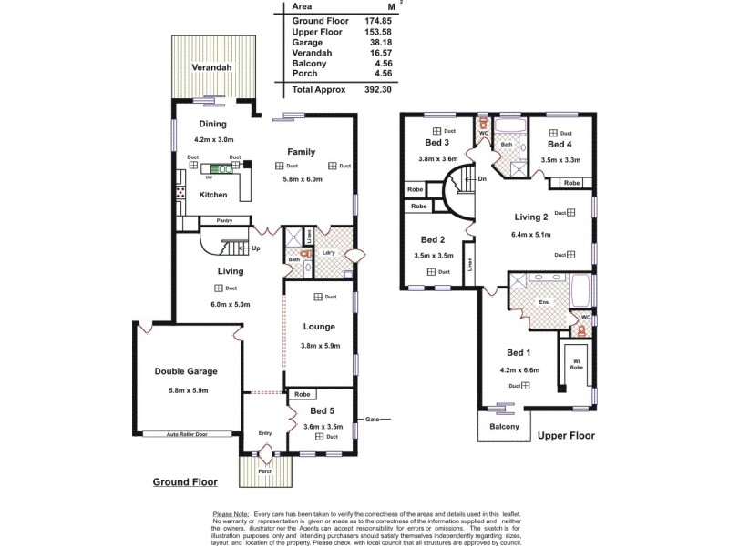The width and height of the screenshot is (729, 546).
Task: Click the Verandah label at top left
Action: (x=210, y=68)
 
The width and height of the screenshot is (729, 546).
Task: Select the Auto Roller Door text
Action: (x=188, y=434)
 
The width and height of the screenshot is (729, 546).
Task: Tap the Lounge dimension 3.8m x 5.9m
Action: (x=319, y=345)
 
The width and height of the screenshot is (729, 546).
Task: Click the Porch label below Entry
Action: (x=265, y=471)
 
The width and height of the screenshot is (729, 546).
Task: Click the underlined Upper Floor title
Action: (x=565, y=436)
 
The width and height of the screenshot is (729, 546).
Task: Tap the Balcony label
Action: (x=503, y=427)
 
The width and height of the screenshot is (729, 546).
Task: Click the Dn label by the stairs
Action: (x=481, y=179)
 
